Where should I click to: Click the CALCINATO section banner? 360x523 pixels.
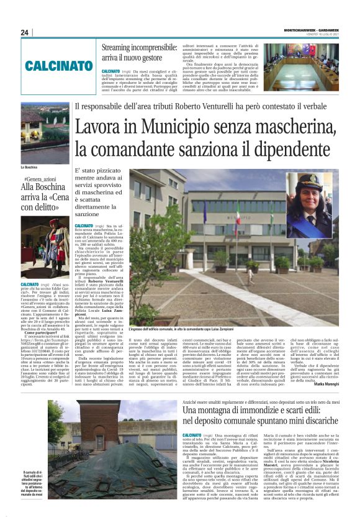pyautogui.click(x=59, y=65)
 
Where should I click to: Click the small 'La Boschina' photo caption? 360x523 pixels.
pyautogui.click(x=30, y=168)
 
